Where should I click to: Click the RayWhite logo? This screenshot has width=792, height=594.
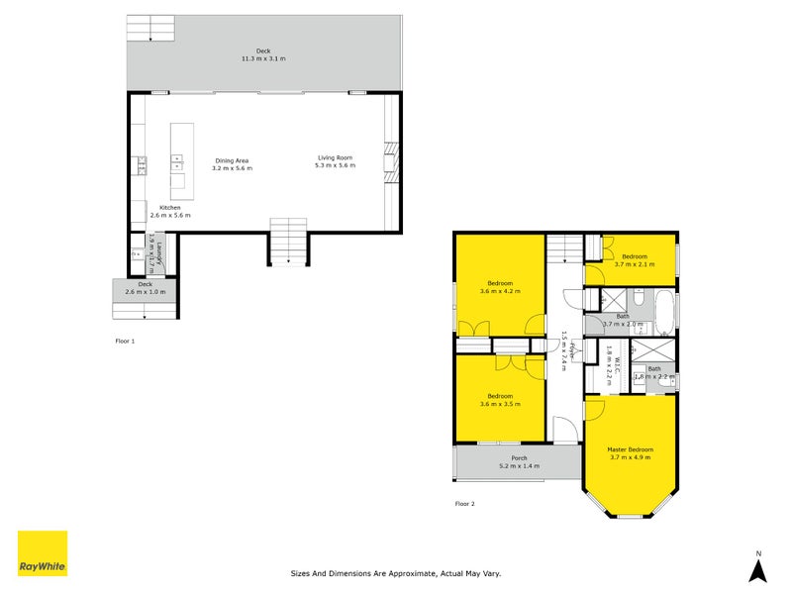pyautogui.click(x=43, y=553)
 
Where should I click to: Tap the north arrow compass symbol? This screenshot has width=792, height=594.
pyautogui.click(x=757, y=569)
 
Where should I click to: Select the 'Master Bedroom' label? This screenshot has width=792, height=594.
pyautogui.click(x=630, y=449)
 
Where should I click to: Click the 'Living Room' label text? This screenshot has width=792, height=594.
pyautogui.click(x=335, y=157)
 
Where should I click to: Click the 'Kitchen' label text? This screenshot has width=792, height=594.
pyautogui.click(x=169, y=207)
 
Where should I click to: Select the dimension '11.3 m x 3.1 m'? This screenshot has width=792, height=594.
pyautogui.click(x=262, y=59)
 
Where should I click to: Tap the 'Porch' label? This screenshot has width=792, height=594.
pyautogui.click(x=519, y=457)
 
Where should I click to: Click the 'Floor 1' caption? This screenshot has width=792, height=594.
pyautogui.click(x=125, y=341)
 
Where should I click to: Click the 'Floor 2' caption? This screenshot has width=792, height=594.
pyautogui.click(x=464, y=504)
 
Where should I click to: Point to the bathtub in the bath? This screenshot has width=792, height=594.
pyautogui.click(x=664, y=310)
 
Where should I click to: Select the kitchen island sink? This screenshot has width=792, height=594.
pyautogui.click(x=178, y=157)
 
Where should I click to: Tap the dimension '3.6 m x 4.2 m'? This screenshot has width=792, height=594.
pyautogui.click(x=499, y=291)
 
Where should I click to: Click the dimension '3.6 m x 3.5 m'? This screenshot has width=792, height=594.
pyautogui.click(x=499, y=404)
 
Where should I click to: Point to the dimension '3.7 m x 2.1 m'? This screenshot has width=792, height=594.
pyautogui.click(x=634, y=264)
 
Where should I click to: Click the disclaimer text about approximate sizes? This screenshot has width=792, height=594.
pyautogui.click(x=396, y=572)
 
